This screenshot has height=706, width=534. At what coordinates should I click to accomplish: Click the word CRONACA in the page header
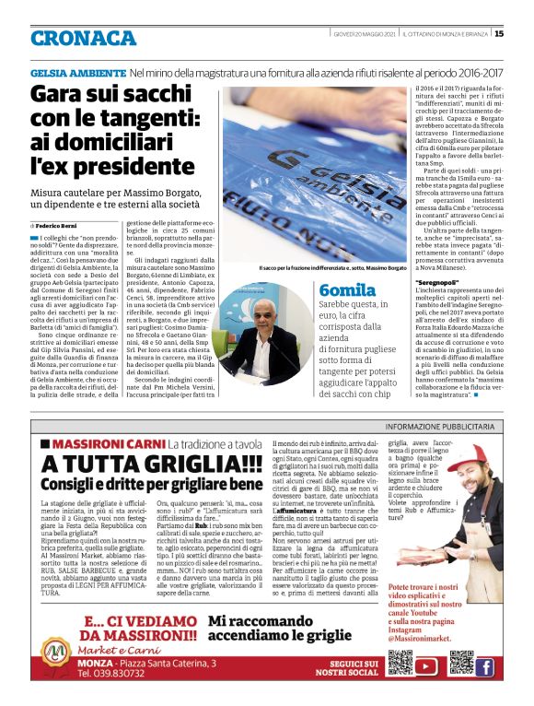pos(83,37)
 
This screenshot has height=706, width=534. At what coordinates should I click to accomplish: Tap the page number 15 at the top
pos(499,34)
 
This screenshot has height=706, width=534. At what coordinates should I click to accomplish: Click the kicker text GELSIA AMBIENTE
pos(77,71)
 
